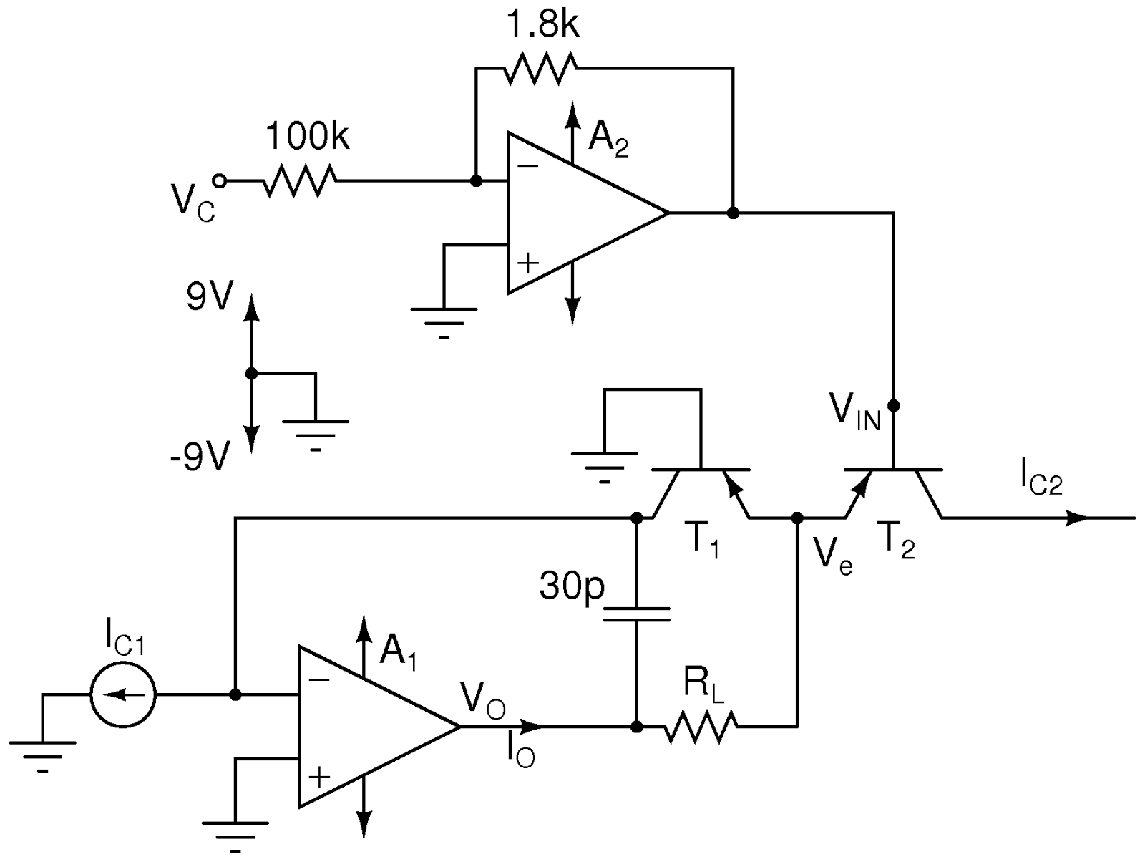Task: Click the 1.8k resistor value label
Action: coord(542,25)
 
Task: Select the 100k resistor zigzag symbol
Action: coord(299,181)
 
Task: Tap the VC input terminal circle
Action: coord(220,181)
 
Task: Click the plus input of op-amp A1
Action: coord(319,775)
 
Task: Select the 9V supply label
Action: coord(210,296)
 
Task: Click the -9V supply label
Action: coord(201,456)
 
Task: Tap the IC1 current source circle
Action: coord(123,694)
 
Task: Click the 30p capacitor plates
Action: coord(636,614)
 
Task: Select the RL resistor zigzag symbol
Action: coord(700,727)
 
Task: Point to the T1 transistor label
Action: coord(706,542)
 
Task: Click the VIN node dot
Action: coord(893,405)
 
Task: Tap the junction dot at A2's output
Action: coord(733,213)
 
